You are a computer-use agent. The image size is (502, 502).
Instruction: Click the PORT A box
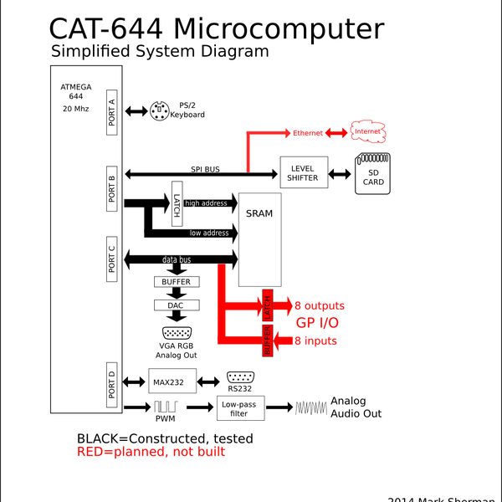tap(114, 111)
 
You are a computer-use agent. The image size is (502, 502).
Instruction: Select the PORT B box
tap(114, 188)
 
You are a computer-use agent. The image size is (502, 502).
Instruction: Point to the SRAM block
tap(259, 239)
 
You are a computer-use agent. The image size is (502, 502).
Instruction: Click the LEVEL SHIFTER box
tap(302, 173)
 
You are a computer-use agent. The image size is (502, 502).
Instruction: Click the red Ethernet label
tap(307, 133)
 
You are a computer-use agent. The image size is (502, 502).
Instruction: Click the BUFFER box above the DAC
tap(177, 282)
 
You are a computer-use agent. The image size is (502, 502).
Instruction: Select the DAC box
tap(177, 305)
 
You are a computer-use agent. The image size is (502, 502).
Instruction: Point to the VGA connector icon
tap(177, 332)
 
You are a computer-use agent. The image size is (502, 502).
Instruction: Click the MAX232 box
tap(172, 382)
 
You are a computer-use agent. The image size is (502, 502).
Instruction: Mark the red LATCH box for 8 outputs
tap(268, 307)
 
